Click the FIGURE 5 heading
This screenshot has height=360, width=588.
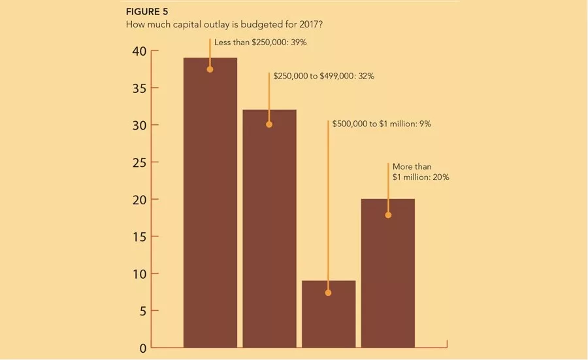pos(147,12)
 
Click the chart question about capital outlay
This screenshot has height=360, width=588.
pos(224,24)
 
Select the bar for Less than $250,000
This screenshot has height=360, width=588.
pos(210,202)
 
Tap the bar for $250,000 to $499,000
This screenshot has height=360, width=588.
pos(269,228)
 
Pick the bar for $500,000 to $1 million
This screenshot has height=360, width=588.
pos(329,314)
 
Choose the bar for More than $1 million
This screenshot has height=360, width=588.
pos(387,273)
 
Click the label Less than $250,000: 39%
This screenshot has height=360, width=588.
pos(260,43)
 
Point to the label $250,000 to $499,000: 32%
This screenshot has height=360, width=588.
pos(323,76)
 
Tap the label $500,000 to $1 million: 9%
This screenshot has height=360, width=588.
pos(382,124)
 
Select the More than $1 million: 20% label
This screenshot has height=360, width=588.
pos(421,171)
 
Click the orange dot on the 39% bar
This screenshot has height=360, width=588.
pos(210,69)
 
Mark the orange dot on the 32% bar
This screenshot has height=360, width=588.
pos(269,124)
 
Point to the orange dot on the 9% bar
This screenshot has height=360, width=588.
pos(328,293)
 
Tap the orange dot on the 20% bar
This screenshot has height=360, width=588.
pos(388,215)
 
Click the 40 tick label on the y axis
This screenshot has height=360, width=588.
pos(139,51)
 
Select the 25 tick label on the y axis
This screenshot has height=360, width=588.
pos(139,163)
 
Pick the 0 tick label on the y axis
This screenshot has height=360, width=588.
pos(143,348)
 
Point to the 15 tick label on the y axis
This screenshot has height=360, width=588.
pos(139,237)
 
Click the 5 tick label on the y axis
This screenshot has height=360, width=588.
pos(143,312)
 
